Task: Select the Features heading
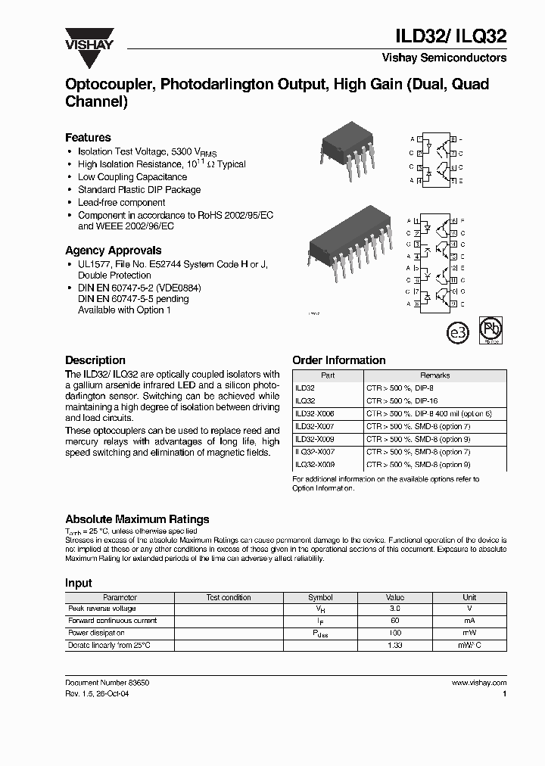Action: click(88, 138)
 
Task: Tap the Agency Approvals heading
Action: click(113, 251)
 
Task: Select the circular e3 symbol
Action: click(459, 332)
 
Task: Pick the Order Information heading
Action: click(338, 360)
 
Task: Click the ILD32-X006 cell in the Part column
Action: click(314, 414)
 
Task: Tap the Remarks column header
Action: click(434, 375)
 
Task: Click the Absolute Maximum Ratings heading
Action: click(137, 519)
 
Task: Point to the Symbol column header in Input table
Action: click(320, 597)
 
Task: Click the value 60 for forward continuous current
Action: click(394, 621)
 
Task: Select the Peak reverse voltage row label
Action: click(102, 609)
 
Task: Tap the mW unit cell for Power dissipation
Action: click(469, 633)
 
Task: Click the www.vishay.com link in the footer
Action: click(478, 683)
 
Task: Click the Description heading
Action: click(95, 360)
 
